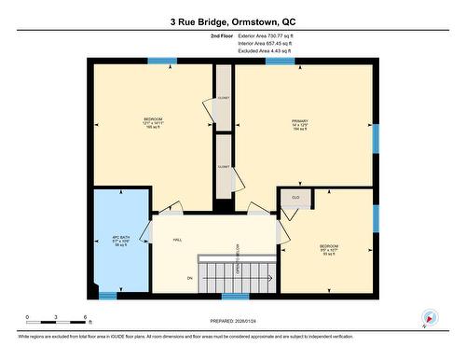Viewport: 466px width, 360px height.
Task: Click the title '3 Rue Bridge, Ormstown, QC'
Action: [x=232, y=20]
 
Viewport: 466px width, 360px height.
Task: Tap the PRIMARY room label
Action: [x=299, y=124]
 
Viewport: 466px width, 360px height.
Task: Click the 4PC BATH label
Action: [x=118, y=241]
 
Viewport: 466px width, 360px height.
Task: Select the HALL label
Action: [x=176, y=240]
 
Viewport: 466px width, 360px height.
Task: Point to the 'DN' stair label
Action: [x=189, y=277]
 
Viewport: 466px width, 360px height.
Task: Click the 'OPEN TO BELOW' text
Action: [x=239, y=257]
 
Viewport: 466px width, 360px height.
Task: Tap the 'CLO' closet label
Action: [x=295, y=198]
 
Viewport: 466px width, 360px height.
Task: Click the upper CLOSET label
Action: [x=224, y=96]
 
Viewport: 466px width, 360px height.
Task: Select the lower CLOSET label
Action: [x=224, y=167]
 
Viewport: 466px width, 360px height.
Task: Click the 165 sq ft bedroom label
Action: [x=153, y=123]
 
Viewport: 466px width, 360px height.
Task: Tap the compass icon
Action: [x=429, y=318]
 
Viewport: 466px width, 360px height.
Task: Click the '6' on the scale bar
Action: [x=86, y=317]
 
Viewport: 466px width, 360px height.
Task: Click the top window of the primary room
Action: [x=274, y=62]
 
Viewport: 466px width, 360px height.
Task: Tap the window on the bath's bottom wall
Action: [x=108, y=296]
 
